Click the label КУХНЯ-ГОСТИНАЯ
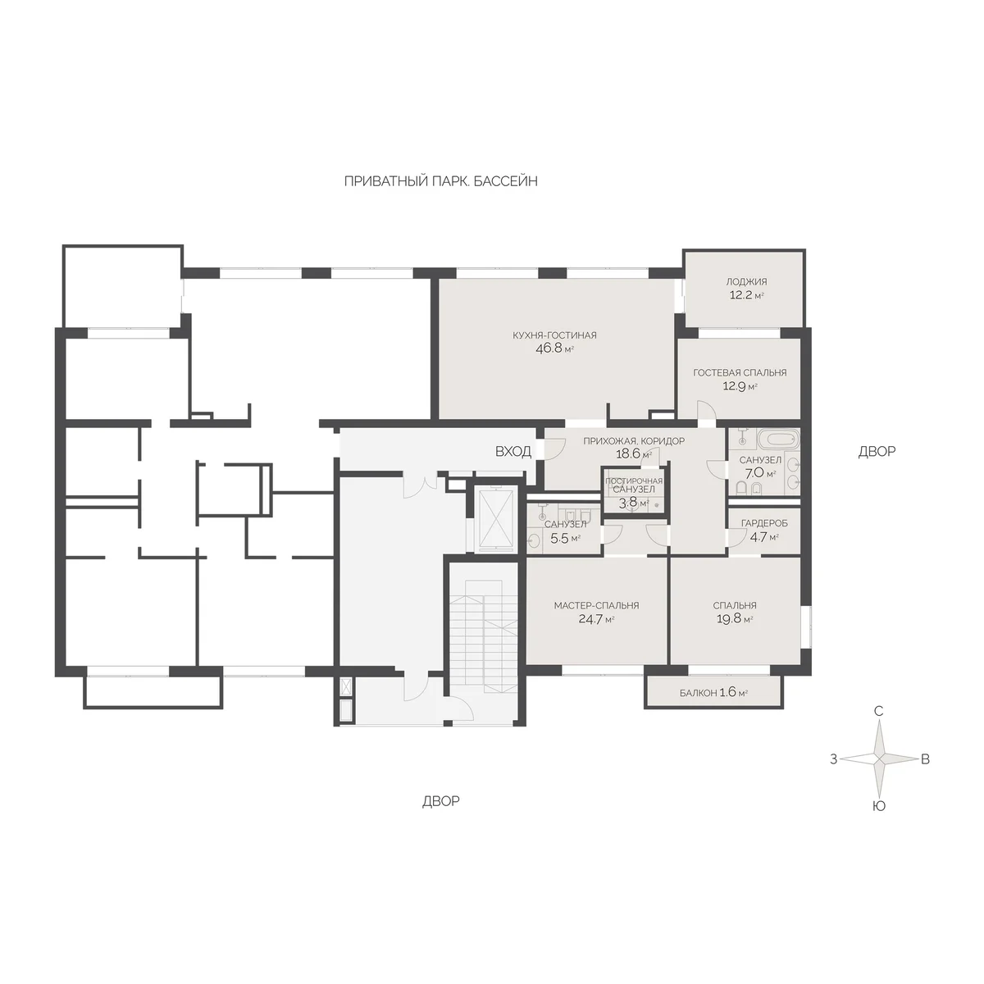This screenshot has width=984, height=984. tap(554, 335)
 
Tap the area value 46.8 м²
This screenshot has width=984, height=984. tap(554, 349)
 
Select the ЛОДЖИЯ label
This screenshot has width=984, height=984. tap(746, 281)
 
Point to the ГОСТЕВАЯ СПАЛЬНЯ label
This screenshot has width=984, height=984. tap(740, 373)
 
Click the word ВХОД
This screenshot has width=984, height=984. tap(513, 451)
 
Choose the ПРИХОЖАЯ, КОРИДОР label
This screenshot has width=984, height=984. tap(634, 440)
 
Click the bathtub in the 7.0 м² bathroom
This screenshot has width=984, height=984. tap(777, 439)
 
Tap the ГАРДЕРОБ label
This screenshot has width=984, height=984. tap(764, 523)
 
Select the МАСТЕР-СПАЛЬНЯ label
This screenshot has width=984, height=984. tap(596, 606)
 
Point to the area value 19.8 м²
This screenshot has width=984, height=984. tap(735, 619)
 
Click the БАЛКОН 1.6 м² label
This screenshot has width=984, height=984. tap(713, 693)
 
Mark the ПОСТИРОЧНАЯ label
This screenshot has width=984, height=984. tap(634, 481)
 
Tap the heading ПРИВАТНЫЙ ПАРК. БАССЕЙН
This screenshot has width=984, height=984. tap(440, 181)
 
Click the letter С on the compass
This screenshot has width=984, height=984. tap(878, 711)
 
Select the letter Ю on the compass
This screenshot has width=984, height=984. tap(879, 806)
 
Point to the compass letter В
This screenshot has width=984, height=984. tap(925, 759)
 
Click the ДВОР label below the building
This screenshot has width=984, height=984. tap(440, 801)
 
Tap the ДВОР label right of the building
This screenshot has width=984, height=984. tap(877, 451)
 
